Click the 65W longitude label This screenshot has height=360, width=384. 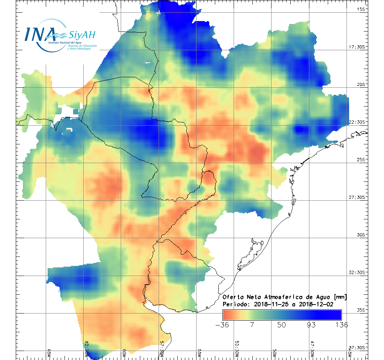coord(49,353)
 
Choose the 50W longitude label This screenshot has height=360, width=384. coord(274,353)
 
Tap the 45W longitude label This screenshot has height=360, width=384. coord(349,353)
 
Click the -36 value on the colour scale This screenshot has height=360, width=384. coord(223,325)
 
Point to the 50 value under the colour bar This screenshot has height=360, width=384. coord(282,325)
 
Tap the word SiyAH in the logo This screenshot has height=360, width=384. coord(82,35)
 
